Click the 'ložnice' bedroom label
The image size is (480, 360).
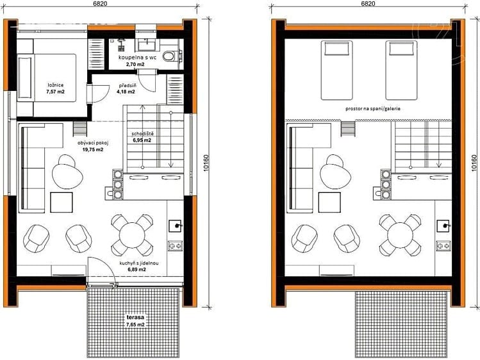pyautogui.click(x=55, y=85)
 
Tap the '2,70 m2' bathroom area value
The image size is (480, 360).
pyautogui.click(x=135, y=65)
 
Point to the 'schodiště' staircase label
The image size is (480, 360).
pyautogui.click(x=142, y=134)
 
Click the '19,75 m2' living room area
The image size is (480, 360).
pyautogui.click(x=93, y=149)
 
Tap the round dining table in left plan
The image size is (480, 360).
pyautogui.click(x=132, y=235)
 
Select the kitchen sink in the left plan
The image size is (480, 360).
pyautogui.click(x=175, y=226)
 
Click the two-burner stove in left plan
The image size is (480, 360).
pyautogui.click(x=175, y=246)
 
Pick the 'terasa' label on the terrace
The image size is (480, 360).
pyautogui.click(x=136, y=317)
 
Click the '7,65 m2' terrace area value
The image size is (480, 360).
pyautogui.click(x=136, y=325)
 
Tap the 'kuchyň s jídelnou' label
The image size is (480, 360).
pyautogui.click(x=139, y=263)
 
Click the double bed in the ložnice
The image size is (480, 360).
pyautogui.click(x=47, y=78)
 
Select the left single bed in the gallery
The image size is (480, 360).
pyautogui.click(x=336, y=70)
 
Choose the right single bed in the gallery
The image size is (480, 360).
pyautogui.click(x=401, y=70)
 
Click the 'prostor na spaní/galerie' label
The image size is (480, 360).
pyautogui.click(x=373, y=109)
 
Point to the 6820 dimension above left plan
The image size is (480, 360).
pyautogui.click(x=100, y=3)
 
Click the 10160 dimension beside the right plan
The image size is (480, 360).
pyautogui.click(x=474, y=163)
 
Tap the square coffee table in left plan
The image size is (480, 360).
pyautogui.click(x=62, y=202)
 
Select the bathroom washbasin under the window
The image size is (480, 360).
pyautogui.click(x=147, y=45)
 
